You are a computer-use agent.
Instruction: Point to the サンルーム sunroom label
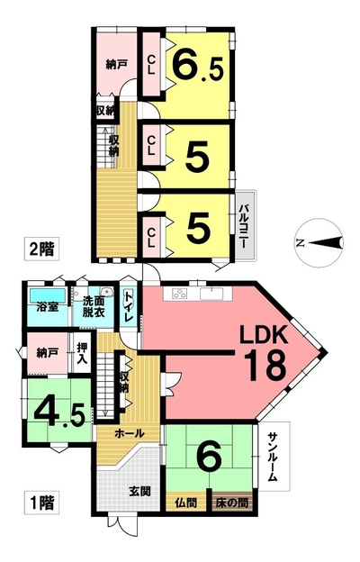[x=274, y=457]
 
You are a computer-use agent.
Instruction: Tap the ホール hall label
[x=130, y=434]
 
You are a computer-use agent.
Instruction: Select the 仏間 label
[x=186, y=503]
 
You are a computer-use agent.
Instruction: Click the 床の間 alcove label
[x=232, y=503]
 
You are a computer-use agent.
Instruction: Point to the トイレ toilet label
[x=128, y=306]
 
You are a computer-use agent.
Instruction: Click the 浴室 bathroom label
[x=48, y=307]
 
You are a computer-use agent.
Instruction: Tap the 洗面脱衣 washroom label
[x=94, y=306]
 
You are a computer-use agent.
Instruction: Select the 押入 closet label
[x=82, y=353]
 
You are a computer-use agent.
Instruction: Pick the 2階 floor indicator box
[x=41, y=249]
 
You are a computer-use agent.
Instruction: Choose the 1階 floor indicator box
[x=41, y=503]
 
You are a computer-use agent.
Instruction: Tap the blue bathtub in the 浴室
[x=48, y=295]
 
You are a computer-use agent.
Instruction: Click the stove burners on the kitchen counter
[x=179, y=294]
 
